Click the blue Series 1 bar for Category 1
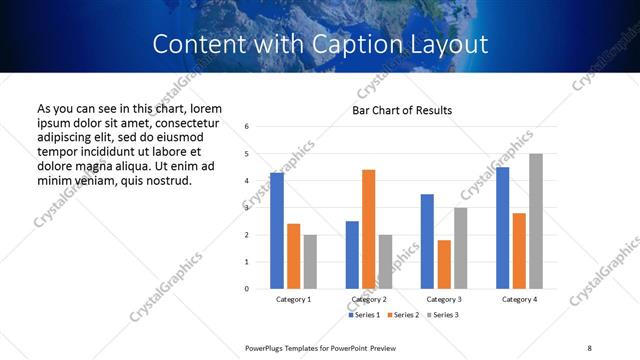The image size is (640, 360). (277, 231)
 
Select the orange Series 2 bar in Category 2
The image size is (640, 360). (369, 229)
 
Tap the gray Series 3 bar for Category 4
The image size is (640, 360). (536, 221)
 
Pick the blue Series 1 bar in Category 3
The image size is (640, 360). (427, 241)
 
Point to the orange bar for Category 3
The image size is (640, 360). (444, 264)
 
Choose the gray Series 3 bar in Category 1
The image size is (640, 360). (310, 262)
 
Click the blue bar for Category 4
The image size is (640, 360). (503, 228)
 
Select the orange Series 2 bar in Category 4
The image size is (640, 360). (519, 251)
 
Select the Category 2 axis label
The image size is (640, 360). (369, 300)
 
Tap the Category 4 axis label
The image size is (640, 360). (519, 300)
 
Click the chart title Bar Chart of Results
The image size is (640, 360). (402, 110)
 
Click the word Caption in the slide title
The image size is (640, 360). (340, 44)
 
